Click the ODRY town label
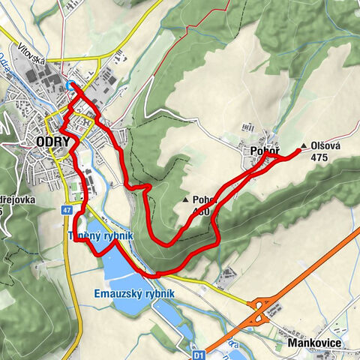[52, 142]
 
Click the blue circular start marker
[70, 85]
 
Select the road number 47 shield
[67, 211]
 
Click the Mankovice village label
[314, 343]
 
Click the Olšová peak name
[325, 146]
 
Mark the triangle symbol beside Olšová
[303, 146]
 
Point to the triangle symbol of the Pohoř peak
[185, 200]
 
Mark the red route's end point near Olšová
[299, 151]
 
